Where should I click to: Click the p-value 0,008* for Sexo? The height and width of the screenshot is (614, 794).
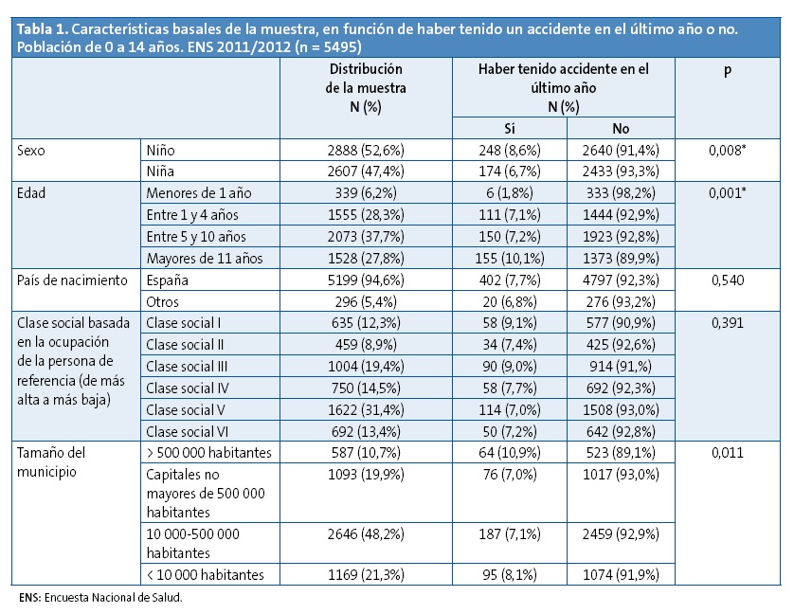click(x=727, y=150)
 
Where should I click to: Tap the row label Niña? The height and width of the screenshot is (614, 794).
click(x=163, y=172)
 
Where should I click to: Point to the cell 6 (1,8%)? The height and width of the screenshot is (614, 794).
click(x=508, y=193)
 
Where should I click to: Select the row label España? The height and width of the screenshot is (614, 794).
click(x=170, y=281)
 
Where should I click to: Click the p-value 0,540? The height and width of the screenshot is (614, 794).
click(x=727, y=281)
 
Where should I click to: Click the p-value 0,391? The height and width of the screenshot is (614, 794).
click(x=727, y=323)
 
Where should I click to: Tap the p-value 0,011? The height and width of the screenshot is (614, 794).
click(x=727, y=453)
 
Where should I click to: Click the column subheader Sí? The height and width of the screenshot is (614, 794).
click(x=508, y=128)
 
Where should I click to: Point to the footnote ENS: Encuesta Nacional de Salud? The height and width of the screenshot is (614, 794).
click(x=99, y=599)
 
